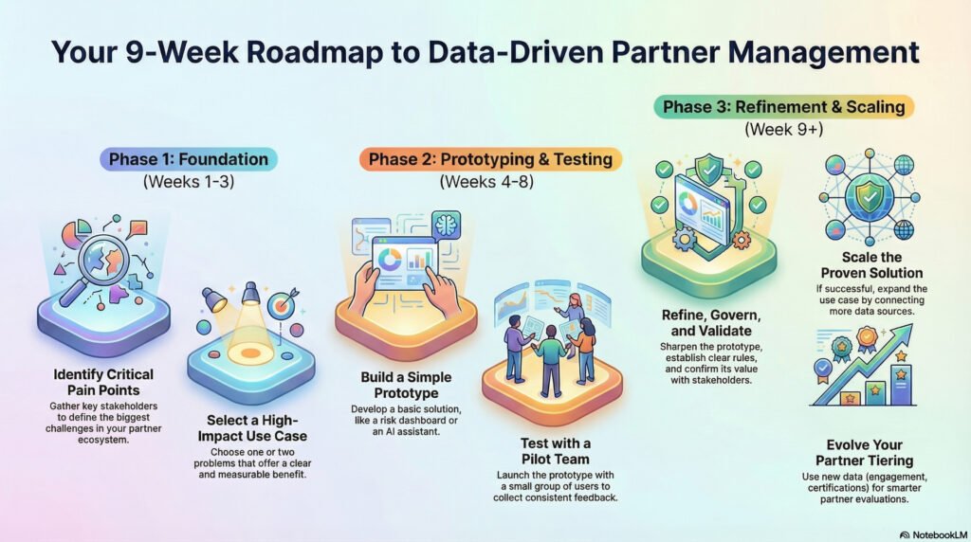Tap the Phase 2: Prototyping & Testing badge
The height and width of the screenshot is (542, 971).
click(x=490, y=159)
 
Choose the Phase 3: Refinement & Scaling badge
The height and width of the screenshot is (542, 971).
click(x=786, y=106)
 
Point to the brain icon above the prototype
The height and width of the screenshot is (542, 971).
click(x=445, y=225)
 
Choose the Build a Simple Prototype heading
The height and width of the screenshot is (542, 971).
click(x=405, y=384)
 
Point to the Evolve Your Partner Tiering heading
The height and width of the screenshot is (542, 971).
click(x=864, y=452)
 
